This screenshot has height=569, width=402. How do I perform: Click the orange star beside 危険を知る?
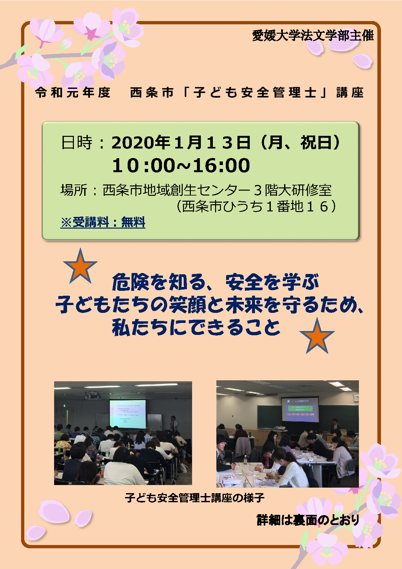pyautogui.click(x=80, y=267)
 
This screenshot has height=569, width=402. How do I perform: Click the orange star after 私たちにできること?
pyautogui.click(x=317, y=336)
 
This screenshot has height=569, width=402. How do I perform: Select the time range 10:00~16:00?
pyautogui.click(x=181, y=165)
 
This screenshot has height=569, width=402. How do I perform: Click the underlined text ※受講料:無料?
pyautogui.click(x=103, y=222)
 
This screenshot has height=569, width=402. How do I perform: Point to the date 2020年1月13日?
pyautogui.click(x=181, y=142)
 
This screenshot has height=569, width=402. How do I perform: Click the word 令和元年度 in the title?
pyautogui.click(x=73, y=93)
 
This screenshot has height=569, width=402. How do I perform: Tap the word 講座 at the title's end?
pyautogui.click(x=350, y=93)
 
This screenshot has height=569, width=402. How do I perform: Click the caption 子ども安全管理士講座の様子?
pyautogui.click(x=195, y=498)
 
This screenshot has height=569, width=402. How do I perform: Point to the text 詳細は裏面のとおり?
pyautogui.click(x=308, y=520)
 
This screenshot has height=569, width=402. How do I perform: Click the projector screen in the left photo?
pyautogui.click(x=128, y=414)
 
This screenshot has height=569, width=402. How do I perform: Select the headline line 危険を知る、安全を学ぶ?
pyautogui.click(x=215, y=282)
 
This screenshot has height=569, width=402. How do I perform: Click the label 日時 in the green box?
pyautogui.click(x=77, y=143)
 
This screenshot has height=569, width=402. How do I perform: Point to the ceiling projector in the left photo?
pyautogui.click(x=93, y=396)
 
